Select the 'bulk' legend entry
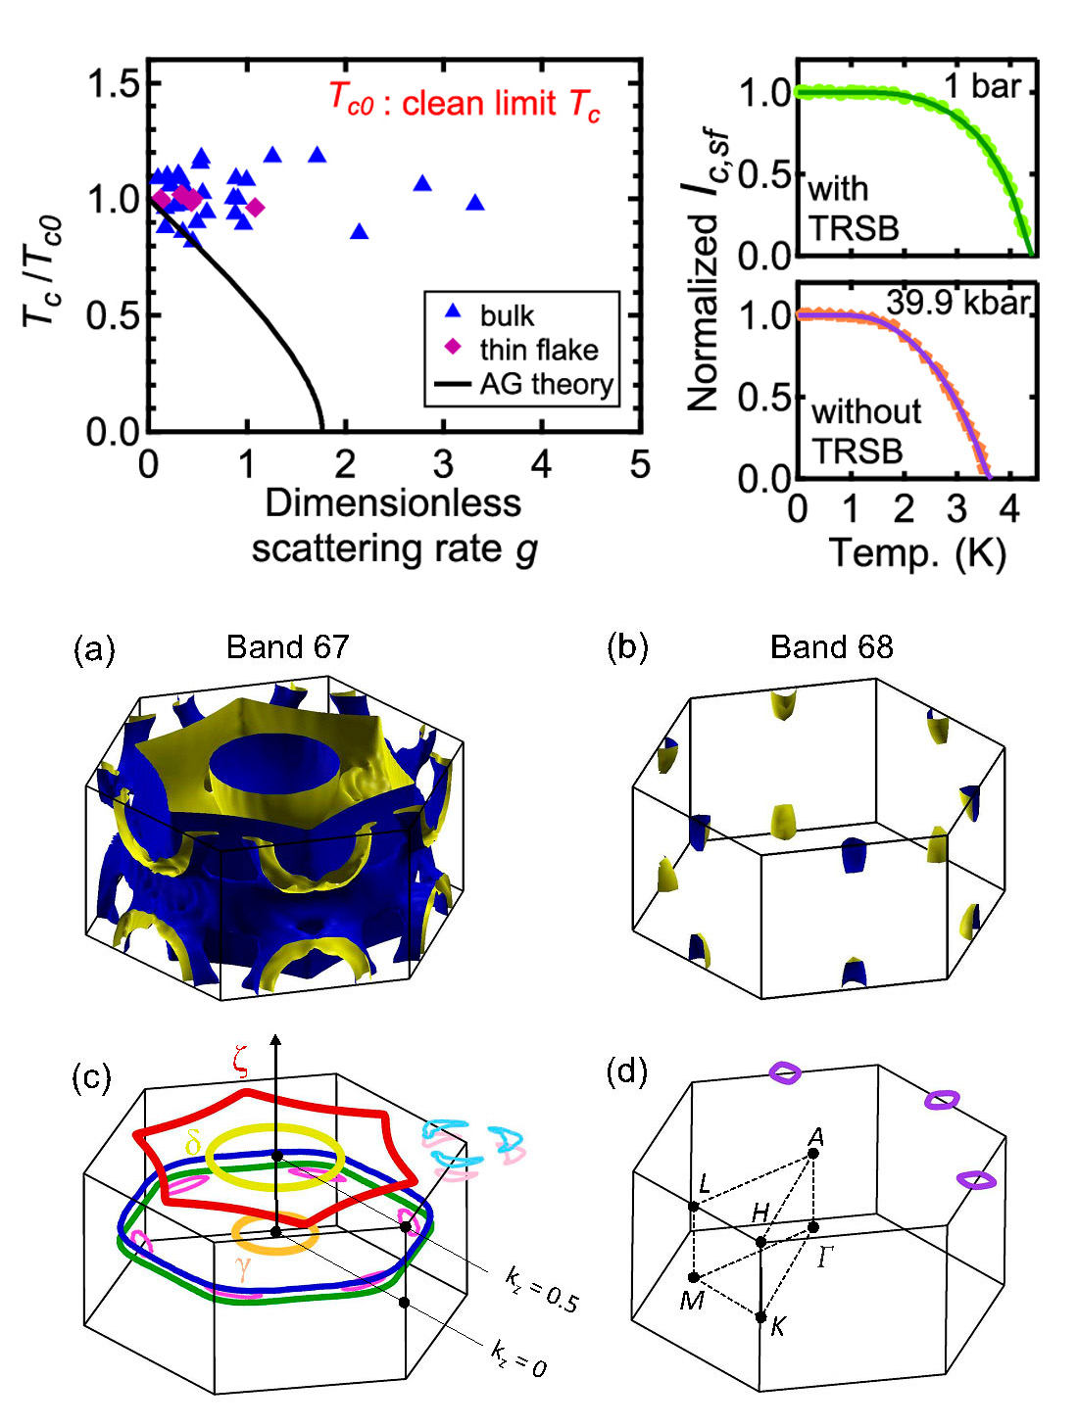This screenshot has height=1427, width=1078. click(507, 315)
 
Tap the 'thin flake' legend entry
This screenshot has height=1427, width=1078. click(538, 350)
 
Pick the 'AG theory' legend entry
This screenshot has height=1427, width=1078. click(546, 384)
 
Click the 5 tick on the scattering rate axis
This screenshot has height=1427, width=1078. click(640, 463)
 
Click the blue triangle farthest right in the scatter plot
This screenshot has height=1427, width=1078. click(475, 203)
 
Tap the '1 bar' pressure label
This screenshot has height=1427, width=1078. click(983, 86)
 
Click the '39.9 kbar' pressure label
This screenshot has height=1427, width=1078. click(958, 303)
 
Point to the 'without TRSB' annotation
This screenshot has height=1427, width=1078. click(864, 431)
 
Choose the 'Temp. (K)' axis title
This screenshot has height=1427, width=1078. click(917, 553)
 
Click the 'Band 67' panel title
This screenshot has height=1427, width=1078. click(287, 646)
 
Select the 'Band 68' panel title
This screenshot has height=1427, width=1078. click(831, 646)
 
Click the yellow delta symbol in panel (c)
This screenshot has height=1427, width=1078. click(193, 1143)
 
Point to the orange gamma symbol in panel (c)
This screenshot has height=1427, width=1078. click(242, 1268)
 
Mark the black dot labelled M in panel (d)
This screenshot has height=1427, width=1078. click(694, 1277)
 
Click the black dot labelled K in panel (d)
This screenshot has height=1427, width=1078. click(760, 1317)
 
